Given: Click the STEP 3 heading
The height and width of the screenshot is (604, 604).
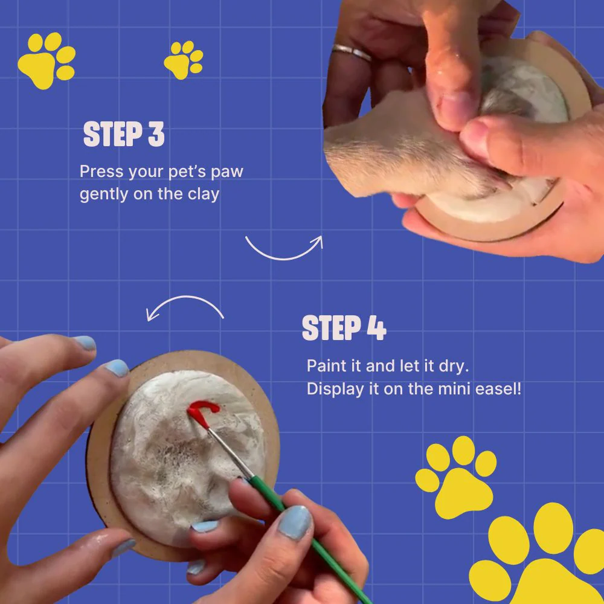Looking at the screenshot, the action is (124, 134).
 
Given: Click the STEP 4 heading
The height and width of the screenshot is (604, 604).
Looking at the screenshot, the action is (344, 328).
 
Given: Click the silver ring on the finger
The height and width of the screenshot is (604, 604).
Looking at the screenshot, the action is (352, 52).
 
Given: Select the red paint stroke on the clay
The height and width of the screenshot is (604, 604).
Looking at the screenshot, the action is (202, 412).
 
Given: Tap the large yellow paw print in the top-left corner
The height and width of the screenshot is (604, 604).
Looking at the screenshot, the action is (47, 60).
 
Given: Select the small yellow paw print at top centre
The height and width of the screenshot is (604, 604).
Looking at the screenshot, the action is (184, 60).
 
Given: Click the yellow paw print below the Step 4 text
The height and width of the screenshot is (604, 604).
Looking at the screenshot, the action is (455, 477).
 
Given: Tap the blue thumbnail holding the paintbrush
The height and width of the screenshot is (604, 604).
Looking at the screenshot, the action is (295, 522).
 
